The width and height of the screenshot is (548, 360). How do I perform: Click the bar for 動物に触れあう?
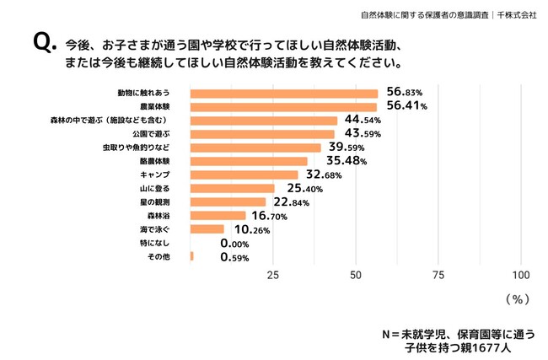[x=284, y=93]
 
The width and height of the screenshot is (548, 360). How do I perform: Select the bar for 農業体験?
[x=283, y=106]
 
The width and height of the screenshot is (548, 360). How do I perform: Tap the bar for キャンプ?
[x=244, y=175]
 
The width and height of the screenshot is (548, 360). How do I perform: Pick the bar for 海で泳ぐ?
[x=207, y=228]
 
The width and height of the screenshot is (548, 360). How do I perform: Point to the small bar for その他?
[x=192, y=256]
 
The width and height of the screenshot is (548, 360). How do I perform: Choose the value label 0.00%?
[x=239, y=243]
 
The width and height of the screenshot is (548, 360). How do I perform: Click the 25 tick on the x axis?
[x=273, y=275]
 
